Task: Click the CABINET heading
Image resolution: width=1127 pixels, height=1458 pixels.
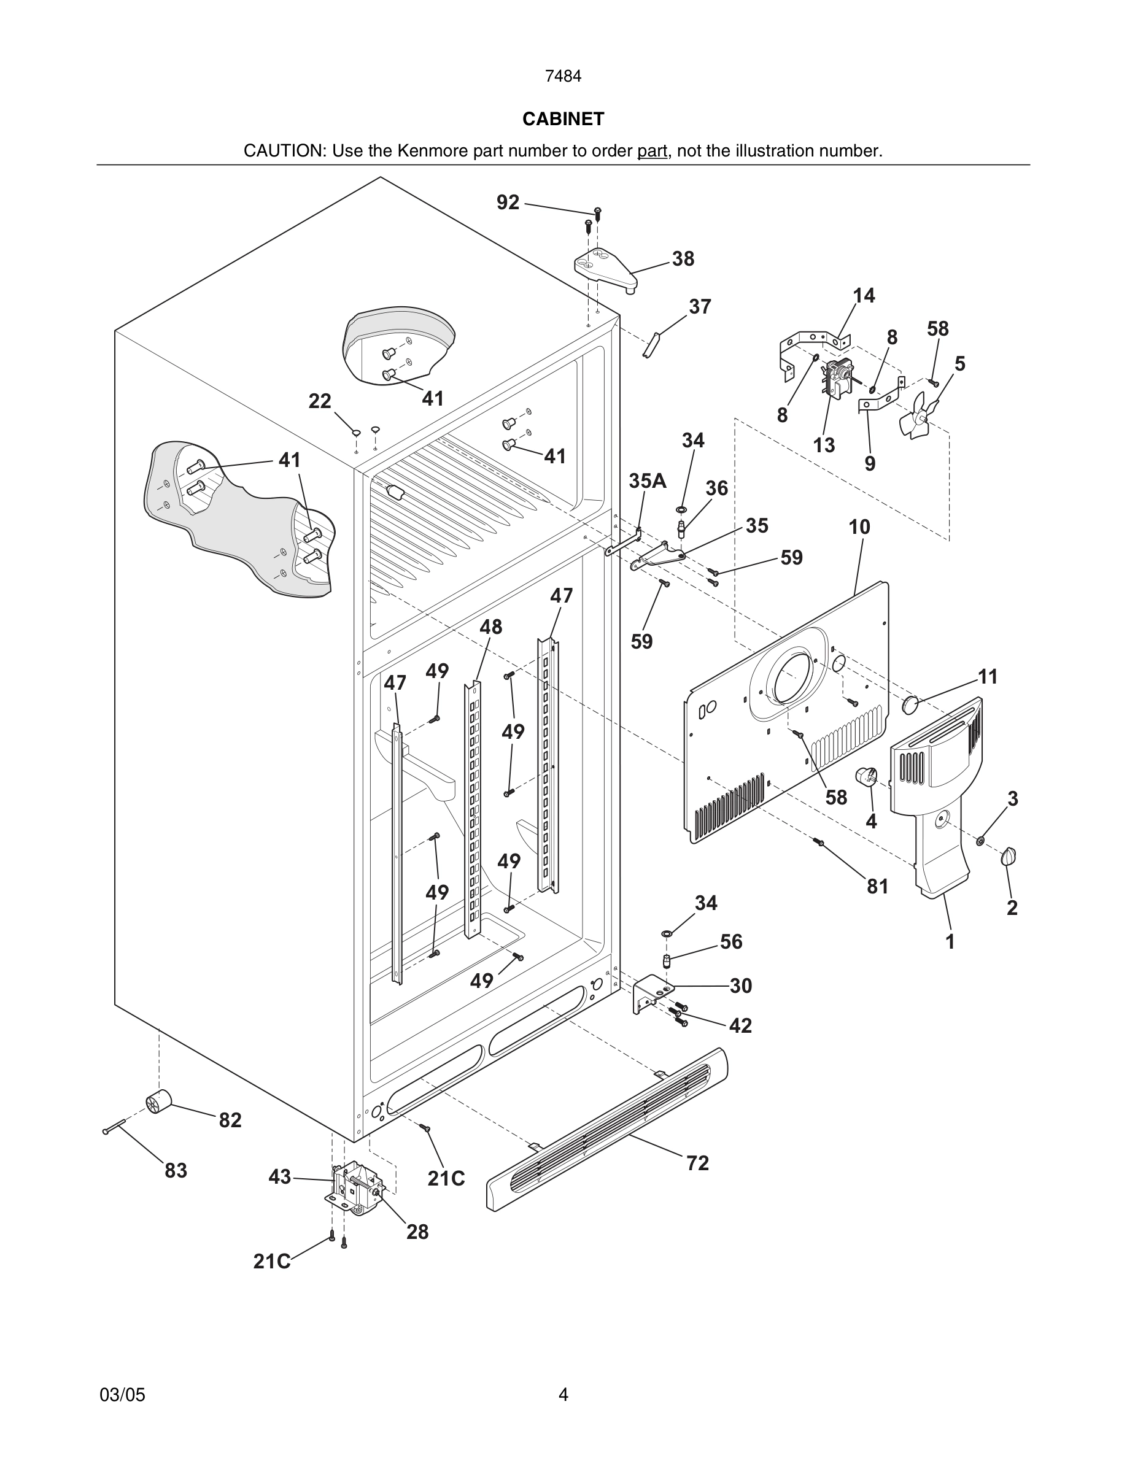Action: [x=563, y=119]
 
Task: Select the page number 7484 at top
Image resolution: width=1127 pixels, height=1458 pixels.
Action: [x=563, y=77]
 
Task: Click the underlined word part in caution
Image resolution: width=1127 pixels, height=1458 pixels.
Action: [x=653, y=151]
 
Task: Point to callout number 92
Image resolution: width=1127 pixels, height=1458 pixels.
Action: [x=508, y=202]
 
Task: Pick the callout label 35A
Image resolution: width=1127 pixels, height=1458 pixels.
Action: [x=647, y=480]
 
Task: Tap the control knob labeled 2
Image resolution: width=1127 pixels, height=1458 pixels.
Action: [x=1009, y=857]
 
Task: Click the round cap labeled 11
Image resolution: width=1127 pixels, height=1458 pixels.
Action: [x=911, y=704]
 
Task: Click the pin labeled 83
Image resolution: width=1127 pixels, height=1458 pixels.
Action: [x=114, y=1127]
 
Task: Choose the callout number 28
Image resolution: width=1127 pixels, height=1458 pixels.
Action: [x=417, y=1232]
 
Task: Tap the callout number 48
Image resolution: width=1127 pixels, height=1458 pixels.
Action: [x=490, y=627]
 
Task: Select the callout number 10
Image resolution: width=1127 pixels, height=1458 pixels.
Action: [x=859, y=526]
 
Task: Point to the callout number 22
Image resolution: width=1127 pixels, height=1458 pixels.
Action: [x=320, y=401]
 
